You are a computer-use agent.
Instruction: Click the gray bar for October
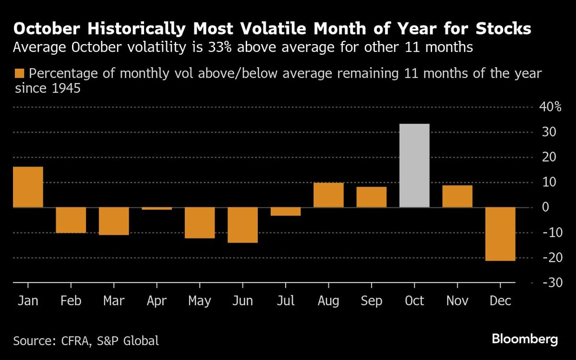(x=414, y=166)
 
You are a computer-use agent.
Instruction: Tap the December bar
(x=500, y=234)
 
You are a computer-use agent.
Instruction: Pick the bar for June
(x=242, y=225)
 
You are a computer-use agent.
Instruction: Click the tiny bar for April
(x=156, y=208)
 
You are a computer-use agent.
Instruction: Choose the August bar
(x=328, y=195)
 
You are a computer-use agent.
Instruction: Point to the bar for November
(x=457, y=196)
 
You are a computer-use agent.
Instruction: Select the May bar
(x=200, y=223)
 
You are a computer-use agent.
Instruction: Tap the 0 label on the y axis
(x=545, y=208)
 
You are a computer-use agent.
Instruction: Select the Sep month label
(x=371, y=301)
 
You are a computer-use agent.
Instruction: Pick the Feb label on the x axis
(x=71, y=301)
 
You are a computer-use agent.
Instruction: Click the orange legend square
(x=19, y=74)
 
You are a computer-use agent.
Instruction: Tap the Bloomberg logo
(x=525, y=339)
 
